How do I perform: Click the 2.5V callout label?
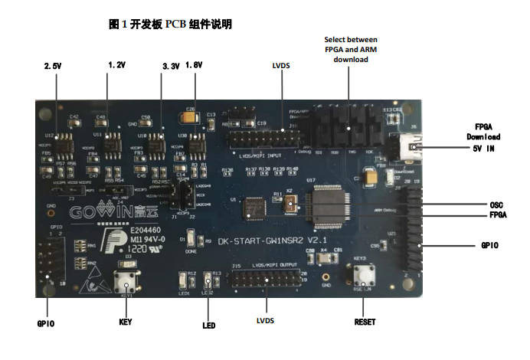53,67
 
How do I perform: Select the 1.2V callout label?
116,65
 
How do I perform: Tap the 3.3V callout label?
170,67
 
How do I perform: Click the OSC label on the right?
496,205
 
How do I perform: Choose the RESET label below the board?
365,322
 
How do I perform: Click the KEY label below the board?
126,322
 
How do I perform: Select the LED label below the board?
208,326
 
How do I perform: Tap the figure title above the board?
171,25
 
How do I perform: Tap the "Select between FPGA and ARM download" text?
352,48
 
